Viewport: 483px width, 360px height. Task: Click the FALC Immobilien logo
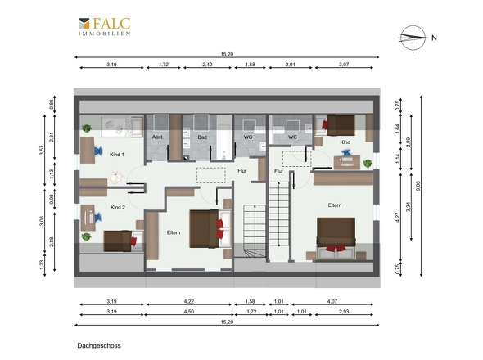(105, 26)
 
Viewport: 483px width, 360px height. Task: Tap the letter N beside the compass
(434, 38)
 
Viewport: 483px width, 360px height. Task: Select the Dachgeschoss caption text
(99, 345)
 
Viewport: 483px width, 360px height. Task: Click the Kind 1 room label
(117, 155)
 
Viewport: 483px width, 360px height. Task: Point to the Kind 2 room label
(118, 207)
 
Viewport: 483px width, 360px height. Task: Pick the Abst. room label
(158, 137)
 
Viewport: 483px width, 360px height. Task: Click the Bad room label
(202, 137)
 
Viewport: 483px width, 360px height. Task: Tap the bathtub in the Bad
(223, 141)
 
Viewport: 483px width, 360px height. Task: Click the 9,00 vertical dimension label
(418, 186)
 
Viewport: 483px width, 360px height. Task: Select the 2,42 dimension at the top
(207, 65)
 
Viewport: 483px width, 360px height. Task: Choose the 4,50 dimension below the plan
(189, 312)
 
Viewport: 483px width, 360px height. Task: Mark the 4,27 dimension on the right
(397, 217)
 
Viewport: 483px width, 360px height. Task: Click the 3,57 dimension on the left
(42, 151)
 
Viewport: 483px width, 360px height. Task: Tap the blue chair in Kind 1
(97, 151)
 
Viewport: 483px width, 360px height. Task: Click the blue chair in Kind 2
(98, 217)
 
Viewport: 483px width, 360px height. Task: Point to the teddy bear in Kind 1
(116, 177)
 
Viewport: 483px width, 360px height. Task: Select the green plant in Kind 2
(86, 236)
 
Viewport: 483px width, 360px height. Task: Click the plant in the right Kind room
(368, 164)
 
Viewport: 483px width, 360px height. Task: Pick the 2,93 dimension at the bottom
(344, 312)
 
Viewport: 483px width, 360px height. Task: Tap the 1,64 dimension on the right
(397, 128)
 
